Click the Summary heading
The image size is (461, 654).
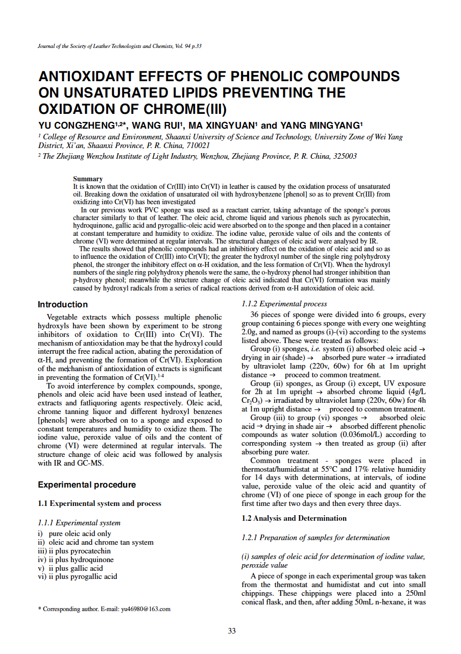(88, 179)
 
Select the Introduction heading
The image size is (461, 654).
(63, 305)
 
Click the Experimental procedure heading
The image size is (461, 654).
(87, 485)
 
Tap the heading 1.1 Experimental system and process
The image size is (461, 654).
(100, 503)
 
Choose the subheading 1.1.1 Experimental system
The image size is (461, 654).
(79, 523)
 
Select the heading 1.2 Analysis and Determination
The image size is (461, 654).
(294, 518)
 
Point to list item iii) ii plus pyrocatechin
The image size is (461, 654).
(74, 551)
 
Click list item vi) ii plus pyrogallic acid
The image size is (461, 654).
(78, 576)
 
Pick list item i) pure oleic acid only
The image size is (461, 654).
(75, 534)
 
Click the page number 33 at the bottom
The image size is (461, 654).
(232, 631)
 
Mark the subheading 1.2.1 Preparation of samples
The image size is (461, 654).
(316, 538)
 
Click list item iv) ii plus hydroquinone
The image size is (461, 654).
(76, 560)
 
